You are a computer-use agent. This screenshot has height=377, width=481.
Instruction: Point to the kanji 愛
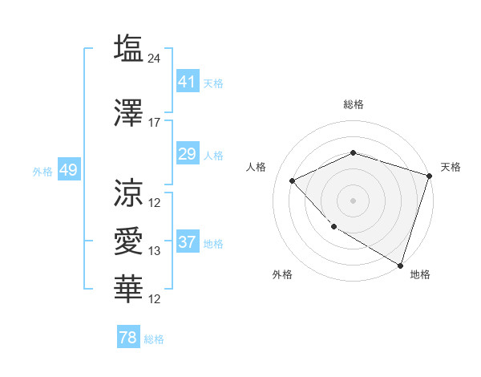point(128,241)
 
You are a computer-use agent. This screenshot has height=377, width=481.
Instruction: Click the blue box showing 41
point(187,82)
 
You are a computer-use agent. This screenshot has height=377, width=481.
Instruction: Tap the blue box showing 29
point(187,154)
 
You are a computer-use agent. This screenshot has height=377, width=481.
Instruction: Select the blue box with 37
point(187,242)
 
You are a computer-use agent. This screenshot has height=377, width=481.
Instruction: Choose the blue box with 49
point(68,170)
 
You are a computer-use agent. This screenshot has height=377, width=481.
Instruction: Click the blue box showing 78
point(127,338)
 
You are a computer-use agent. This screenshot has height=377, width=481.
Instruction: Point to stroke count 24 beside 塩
point(156,59)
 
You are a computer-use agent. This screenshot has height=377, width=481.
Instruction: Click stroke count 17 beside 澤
point(155,123)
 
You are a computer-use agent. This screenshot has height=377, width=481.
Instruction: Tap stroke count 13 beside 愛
point(155,251)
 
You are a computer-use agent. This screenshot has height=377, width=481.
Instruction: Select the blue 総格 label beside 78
point(154,339)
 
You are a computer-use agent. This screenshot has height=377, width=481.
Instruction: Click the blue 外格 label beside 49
point(42,171)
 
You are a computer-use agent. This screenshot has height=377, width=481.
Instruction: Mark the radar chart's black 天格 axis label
point(451,167)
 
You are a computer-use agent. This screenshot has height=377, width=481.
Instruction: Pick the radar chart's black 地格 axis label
point(420,274)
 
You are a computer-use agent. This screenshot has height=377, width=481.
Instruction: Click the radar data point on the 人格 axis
point(293,180)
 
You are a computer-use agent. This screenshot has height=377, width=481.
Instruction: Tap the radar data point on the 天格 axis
point(430,175)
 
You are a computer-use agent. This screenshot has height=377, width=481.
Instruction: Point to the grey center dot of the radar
point(353,200)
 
